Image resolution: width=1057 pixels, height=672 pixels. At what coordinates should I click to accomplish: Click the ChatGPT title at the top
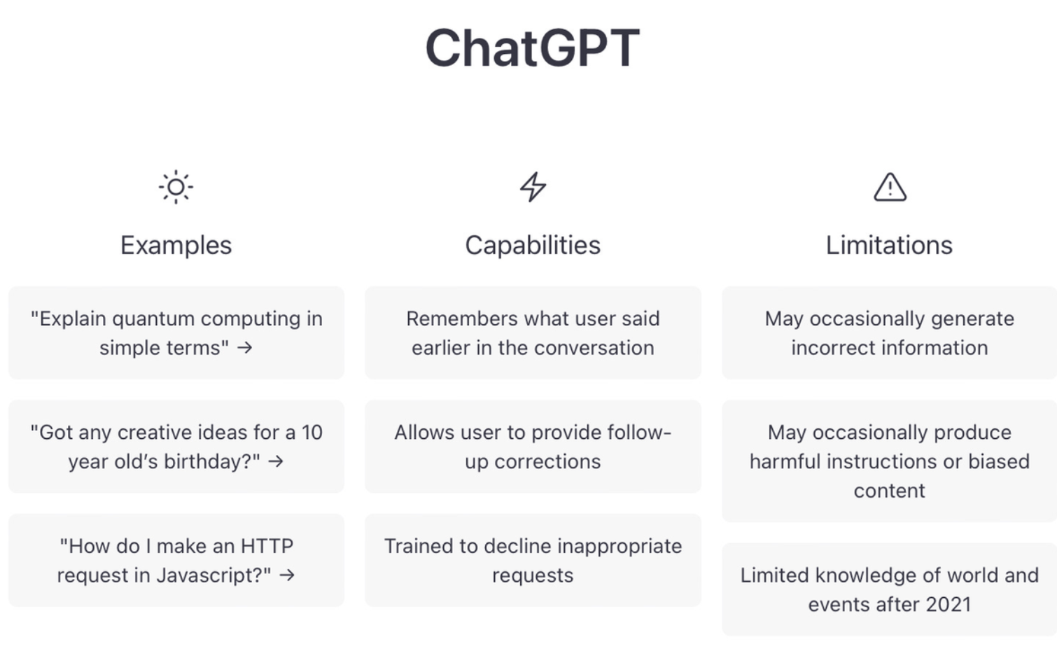click(x=532, y=48)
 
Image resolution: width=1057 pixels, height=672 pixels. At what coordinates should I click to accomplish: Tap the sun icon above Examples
click(x=176, y=187)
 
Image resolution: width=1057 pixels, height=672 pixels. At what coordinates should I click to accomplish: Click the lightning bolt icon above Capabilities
click(x=533, y=187)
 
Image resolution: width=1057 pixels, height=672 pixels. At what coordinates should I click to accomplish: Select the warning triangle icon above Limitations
click(x=890, y=188)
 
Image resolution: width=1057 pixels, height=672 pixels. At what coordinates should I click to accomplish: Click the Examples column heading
click(x=176, y=246)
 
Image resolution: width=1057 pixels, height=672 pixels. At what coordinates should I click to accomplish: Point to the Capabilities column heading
click(x=533, y=246)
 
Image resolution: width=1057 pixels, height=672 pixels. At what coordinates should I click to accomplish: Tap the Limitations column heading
click(x=890, y=246)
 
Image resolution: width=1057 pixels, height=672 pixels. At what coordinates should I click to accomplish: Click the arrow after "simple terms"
click(x=245, y=349)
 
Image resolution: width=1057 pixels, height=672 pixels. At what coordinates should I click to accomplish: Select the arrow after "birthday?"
click(x=276, y=461)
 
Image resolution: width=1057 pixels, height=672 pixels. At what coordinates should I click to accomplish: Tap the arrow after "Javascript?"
click(x=287, y=575)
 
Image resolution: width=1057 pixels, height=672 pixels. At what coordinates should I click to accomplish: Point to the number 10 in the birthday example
click(x=312, y=433)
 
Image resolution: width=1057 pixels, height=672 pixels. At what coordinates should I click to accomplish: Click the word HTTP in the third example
click(x=267, y=546)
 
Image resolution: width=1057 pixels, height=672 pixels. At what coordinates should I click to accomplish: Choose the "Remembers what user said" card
click(x=533, y=332)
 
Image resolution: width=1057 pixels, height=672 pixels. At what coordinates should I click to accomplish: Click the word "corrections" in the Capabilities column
click(x=547, y=462)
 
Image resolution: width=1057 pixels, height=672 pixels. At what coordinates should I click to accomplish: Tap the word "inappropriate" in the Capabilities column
click(x=619, y=547)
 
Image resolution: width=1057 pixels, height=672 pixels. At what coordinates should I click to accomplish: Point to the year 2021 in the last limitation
click(x=948, y=605)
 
